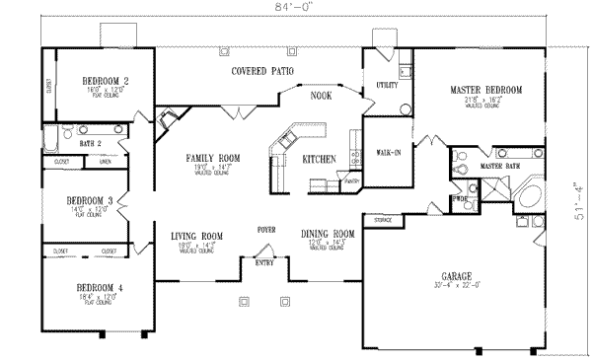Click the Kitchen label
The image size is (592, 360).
(x=319, y=159)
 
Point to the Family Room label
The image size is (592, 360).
(x=214, y=158)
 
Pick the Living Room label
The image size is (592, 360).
(x=196, y=235)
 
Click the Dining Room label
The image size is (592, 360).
(x=327, y=235)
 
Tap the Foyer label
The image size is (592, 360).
(x=266, y=227)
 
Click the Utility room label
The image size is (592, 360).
(x=387, y=86)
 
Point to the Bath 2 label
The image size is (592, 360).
(x=91, y=142)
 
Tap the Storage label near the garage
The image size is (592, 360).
(x=383, y=219)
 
